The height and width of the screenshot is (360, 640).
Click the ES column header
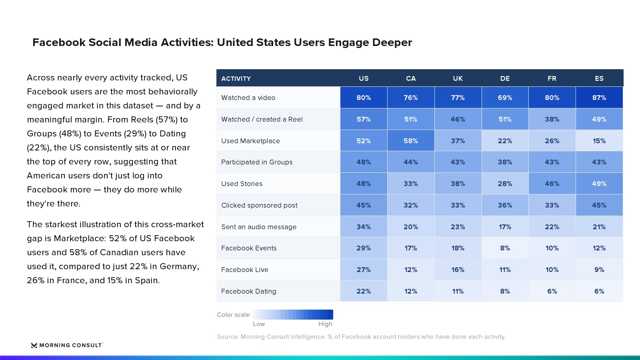(x=599, y=78)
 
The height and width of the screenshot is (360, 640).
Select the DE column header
(x=505, y=78)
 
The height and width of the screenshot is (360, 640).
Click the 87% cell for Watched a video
(x=599, y=98)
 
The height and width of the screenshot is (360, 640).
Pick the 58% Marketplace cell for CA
(x=411, y=141)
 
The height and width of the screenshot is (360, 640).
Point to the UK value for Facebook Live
(x=458, y=270)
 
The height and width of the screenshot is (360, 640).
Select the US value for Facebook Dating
(x=364, y=291)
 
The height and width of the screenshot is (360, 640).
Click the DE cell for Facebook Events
(x=505, y=248)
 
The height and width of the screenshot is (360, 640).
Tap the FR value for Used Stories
(x=552, y=184)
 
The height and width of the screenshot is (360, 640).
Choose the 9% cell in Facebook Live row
(x=599, y=270)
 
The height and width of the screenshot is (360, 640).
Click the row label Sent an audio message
(x=259, y=227)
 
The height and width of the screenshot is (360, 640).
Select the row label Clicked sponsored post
(x=259, y=206)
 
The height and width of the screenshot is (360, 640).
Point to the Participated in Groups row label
(x=257, y=162)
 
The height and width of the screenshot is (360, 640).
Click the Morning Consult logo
(x=67, y=345)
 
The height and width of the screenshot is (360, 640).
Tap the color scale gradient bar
(x=293, y=314)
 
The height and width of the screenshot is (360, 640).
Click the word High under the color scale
(x=325, y=324)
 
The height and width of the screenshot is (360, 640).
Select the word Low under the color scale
(x=259, y=324)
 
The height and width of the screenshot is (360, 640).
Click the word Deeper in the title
(x=392, y=42)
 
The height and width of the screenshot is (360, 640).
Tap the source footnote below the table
(x=362, y=337)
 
